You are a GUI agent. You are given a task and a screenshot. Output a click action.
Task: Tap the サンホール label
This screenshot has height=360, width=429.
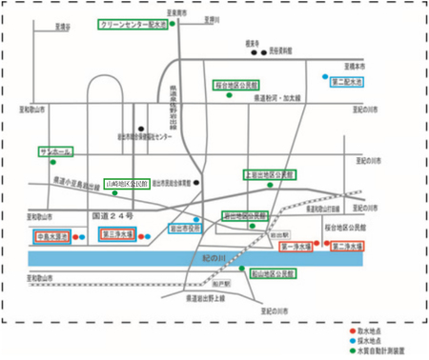(52, 151)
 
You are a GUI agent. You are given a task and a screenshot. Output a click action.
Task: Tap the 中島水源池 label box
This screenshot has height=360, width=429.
(50, 233)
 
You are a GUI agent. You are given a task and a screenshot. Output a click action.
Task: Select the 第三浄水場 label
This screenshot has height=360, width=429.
(117, 233)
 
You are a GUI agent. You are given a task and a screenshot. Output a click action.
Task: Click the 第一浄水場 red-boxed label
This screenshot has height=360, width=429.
(296, 246)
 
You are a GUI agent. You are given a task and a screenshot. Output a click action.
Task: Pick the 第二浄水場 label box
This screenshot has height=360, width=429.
(347, 246)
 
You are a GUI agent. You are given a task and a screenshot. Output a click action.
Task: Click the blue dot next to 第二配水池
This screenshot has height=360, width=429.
(325, 76)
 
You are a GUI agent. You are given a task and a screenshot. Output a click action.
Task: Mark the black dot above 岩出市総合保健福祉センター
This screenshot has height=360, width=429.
(140, 130)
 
